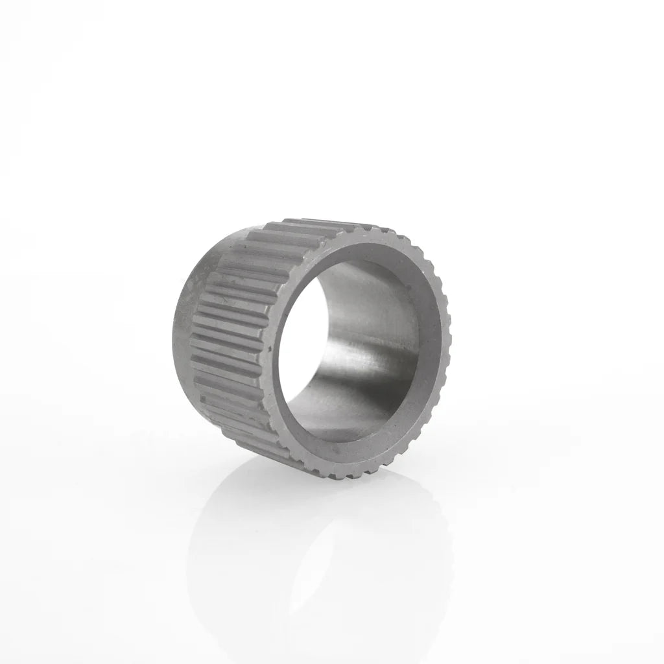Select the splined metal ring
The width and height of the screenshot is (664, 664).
(x=311, y=350)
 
